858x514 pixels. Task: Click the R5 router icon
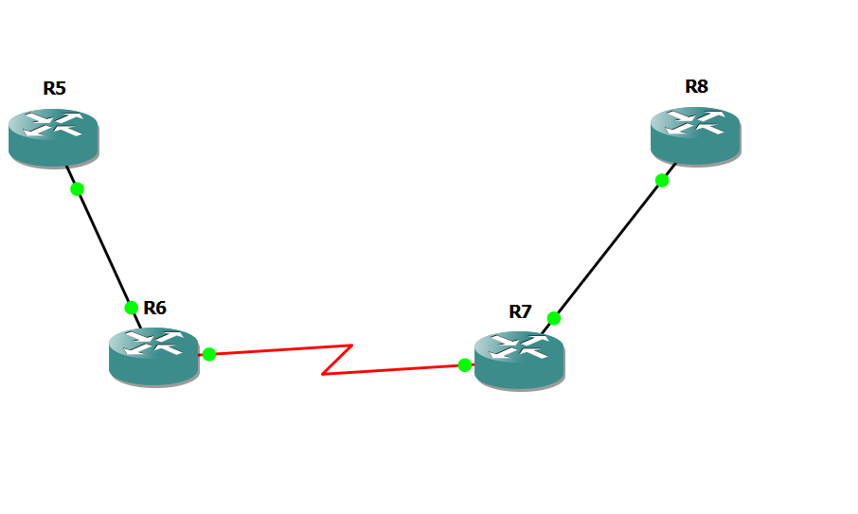tap(53, 138)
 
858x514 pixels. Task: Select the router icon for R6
tap(153, 357)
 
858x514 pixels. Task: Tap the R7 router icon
tap(519, 361)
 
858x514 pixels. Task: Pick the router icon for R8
tap(695, 137)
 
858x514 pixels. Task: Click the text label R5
tap(54, 89)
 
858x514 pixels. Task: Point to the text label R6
tap(154, 308)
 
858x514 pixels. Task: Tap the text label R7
tap(520, 311)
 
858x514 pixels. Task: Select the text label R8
tap(696, 87)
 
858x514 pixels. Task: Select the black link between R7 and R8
tap(608, 249)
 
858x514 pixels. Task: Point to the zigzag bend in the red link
tap(338, 360)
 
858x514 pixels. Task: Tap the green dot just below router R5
tap(78, 188)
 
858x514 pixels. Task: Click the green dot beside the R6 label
tap(132, 307)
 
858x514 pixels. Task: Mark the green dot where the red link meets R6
tap(209, 354)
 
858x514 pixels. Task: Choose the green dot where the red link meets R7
tap(465, 365)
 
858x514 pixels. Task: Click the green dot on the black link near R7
tap(554, 318)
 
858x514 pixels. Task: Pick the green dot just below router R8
tap(662, 180)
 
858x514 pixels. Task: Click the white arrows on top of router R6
tap(153, 343)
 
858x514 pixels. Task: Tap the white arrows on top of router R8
tap(695, 123)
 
